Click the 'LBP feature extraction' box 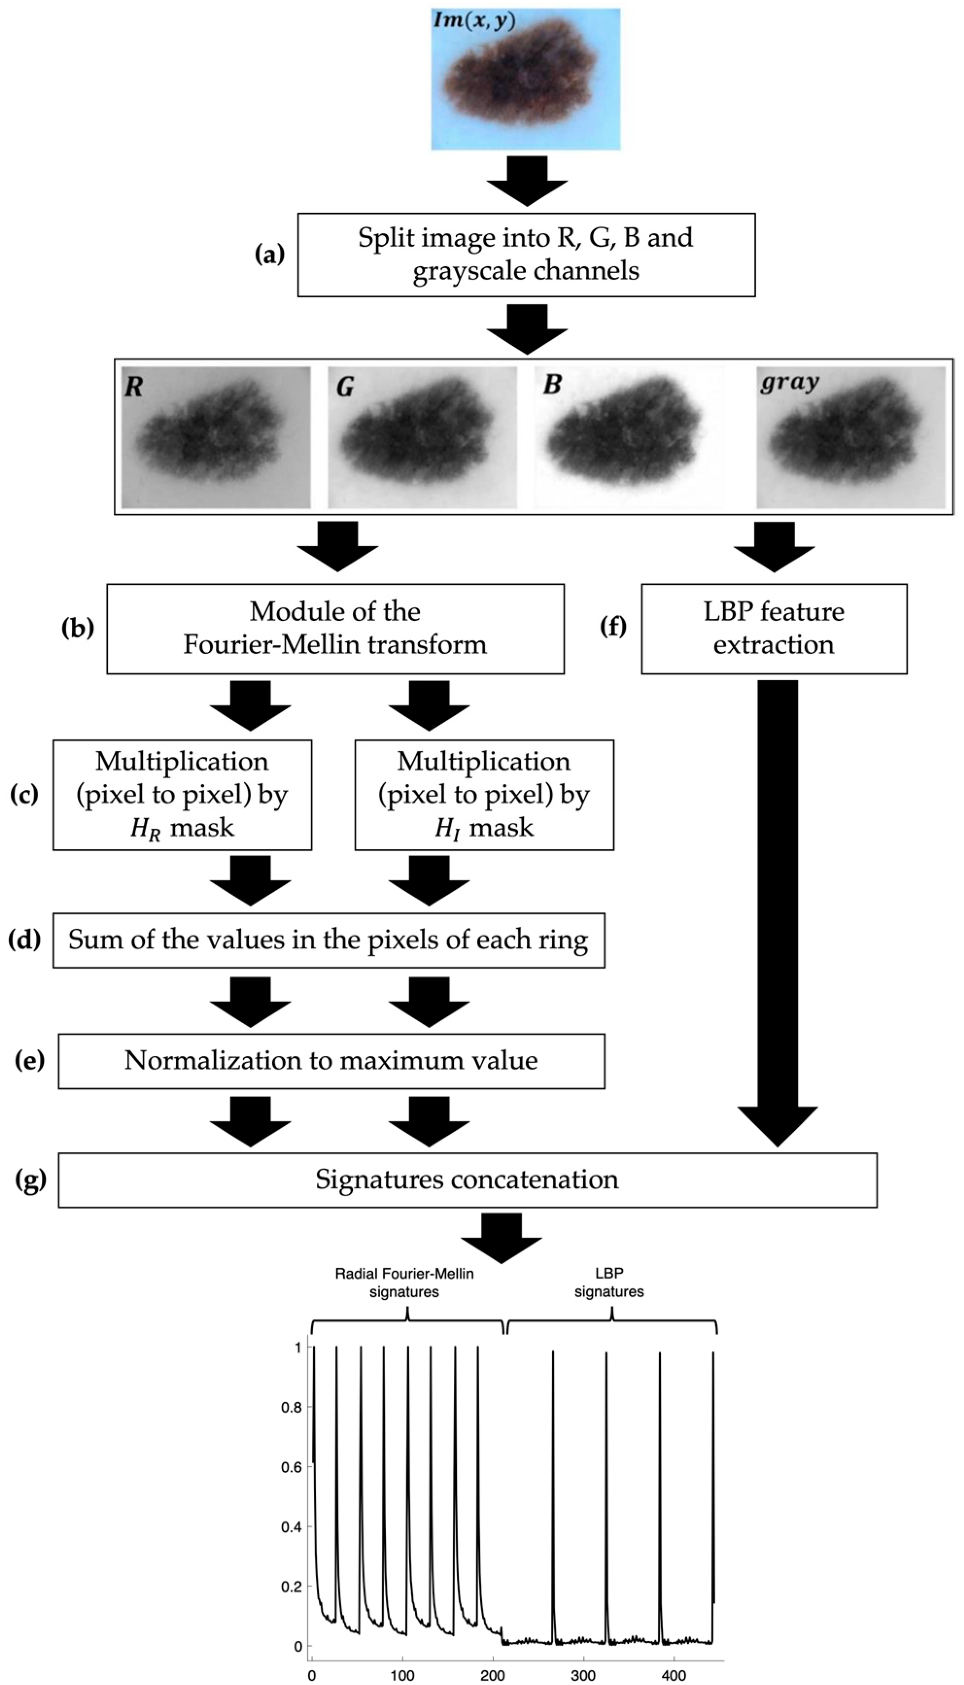774,628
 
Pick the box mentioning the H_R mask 182,794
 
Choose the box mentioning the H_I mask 484,794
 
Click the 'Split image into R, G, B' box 526,254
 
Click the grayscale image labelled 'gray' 851,438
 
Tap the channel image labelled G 422,438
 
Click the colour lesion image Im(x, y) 526,79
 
